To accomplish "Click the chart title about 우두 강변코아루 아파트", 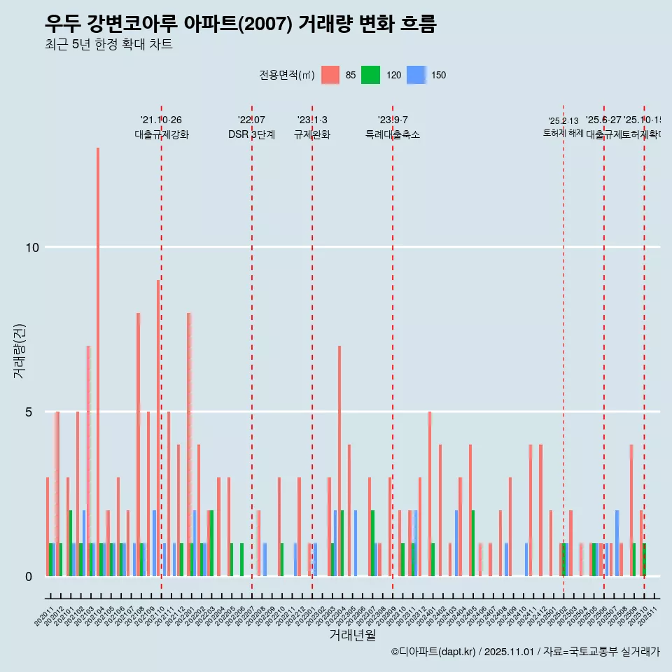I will pos(240,24).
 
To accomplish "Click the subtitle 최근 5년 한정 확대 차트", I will pos(108,45).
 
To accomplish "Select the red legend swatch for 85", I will pos(330,75).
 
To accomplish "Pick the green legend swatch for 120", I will pos(370,75).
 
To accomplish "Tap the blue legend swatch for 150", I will pos(416,75).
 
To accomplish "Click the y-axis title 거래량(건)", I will pos(19,350).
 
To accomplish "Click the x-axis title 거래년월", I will pos(352,636).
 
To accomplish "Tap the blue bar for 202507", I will pos(617,543).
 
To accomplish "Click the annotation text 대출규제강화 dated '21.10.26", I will pos(162,134).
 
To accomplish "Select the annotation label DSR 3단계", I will pos(251,134).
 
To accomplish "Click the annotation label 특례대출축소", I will pos(393,134).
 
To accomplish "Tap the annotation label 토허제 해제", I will pos(563,133).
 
